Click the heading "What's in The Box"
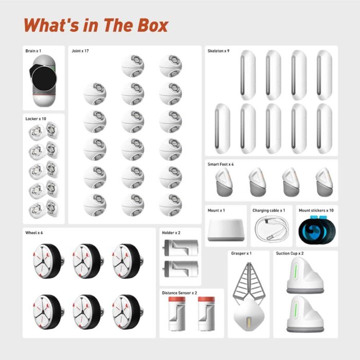pyautogui.click(x=96, y=25)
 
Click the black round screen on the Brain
pyautogui.click(x=41, y=79)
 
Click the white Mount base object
pyautogui.click(x=226, y=231)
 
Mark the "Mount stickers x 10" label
pyautogui.click(x=316, y=210)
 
